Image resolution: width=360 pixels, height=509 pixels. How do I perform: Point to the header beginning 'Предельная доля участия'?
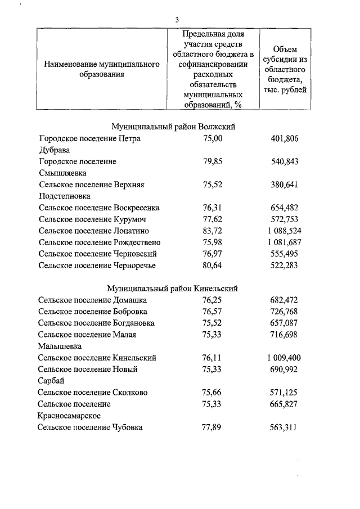(213, 69)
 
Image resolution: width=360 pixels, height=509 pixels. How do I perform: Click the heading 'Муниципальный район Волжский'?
(173, 127)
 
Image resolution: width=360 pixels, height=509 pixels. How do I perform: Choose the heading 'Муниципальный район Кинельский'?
(173, 289)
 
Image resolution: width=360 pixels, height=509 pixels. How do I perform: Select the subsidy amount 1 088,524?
(284, 231)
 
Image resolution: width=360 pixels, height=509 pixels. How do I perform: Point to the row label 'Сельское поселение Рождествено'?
(100, 242)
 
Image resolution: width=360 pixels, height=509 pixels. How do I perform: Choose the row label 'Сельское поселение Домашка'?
(93, 300)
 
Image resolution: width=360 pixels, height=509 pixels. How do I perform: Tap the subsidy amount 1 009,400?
(284, 358)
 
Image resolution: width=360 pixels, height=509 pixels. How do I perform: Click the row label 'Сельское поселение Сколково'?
(93, 393)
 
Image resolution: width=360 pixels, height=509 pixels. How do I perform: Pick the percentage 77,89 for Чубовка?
(213, 427)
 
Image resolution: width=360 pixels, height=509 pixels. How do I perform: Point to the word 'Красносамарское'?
(69, 416)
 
